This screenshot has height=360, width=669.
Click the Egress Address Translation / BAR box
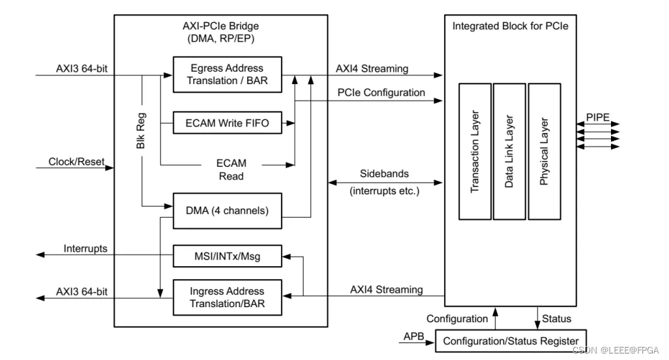227,74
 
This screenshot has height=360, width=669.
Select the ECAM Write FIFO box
227,122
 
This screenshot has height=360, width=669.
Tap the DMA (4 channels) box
227,211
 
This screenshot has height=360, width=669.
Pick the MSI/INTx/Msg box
227,256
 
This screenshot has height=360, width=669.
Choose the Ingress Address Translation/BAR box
227,297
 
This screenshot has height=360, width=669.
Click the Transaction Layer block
475,151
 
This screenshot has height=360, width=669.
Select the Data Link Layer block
509,151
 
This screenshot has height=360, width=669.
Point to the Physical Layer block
544,151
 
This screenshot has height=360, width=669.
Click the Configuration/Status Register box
511,341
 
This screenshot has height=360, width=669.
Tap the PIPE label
597,117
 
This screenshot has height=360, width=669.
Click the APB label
414,337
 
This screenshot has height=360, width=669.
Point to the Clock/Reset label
76,162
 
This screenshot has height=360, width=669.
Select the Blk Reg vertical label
141,130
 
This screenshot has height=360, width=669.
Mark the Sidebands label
384,173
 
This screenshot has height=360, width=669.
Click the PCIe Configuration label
381,93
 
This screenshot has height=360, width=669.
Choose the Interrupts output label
85,248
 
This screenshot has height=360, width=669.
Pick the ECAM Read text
231,170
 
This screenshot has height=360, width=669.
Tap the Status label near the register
556,319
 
